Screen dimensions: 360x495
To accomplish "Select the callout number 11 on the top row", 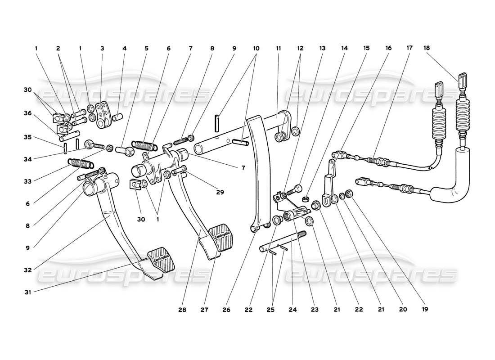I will [x=279, y=48].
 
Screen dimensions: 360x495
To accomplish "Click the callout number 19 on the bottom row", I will [x=425, y=310].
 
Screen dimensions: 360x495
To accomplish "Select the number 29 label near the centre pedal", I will [x=220, y=192].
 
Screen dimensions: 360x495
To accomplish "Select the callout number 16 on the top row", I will [x=388, y=48].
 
